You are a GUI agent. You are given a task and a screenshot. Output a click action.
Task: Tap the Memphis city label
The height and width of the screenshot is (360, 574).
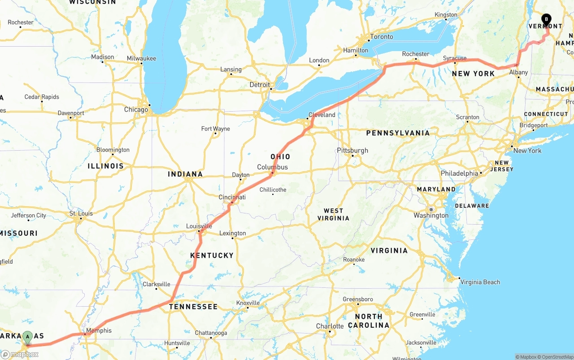pos(99,331)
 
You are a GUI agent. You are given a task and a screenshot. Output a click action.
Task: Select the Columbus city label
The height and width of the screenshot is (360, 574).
pos(272,167)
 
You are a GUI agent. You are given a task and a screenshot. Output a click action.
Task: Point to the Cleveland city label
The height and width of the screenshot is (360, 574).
pos(322,115)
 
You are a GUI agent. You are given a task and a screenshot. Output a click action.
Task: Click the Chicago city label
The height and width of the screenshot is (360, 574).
pos(136,109)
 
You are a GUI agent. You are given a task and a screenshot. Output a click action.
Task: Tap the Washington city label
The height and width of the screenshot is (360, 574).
pos(431,216)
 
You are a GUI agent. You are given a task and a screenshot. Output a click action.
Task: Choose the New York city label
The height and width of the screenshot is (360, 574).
pos(527,151)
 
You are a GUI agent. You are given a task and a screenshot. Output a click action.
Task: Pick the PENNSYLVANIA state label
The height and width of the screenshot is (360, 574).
pos(398,133)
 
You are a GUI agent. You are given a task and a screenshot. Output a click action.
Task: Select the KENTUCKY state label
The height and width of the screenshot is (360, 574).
pos(212,256)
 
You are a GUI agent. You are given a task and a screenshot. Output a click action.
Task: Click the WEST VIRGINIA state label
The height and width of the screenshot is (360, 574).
pos(333,214)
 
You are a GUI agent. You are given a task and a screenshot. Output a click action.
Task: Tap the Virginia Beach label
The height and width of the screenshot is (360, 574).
pos(480,282)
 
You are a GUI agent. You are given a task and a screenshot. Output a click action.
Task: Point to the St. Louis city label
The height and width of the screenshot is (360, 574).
pos(81,213)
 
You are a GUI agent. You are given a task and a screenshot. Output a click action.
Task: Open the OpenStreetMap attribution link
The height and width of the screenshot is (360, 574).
pos(556,357)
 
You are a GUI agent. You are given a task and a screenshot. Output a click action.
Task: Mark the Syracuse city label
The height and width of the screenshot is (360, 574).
pos(455,58)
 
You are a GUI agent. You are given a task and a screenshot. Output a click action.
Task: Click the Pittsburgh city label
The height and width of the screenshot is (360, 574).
pos(352,150)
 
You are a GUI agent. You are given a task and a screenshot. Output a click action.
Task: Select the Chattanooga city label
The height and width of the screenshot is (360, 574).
pos(211,333)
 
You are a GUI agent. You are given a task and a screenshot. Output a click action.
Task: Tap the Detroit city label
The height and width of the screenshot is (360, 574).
pos(260,85)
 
